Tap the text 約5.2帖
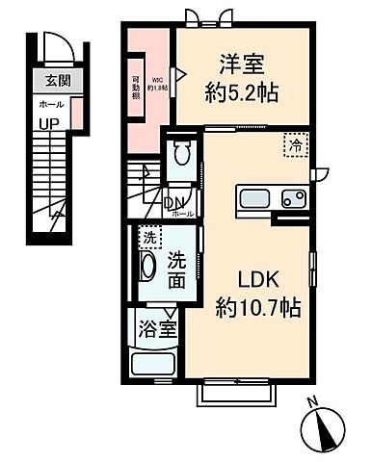point(242,92)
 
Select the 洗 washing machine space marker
point(148,236)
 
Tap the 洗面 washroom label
point(177,269)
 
